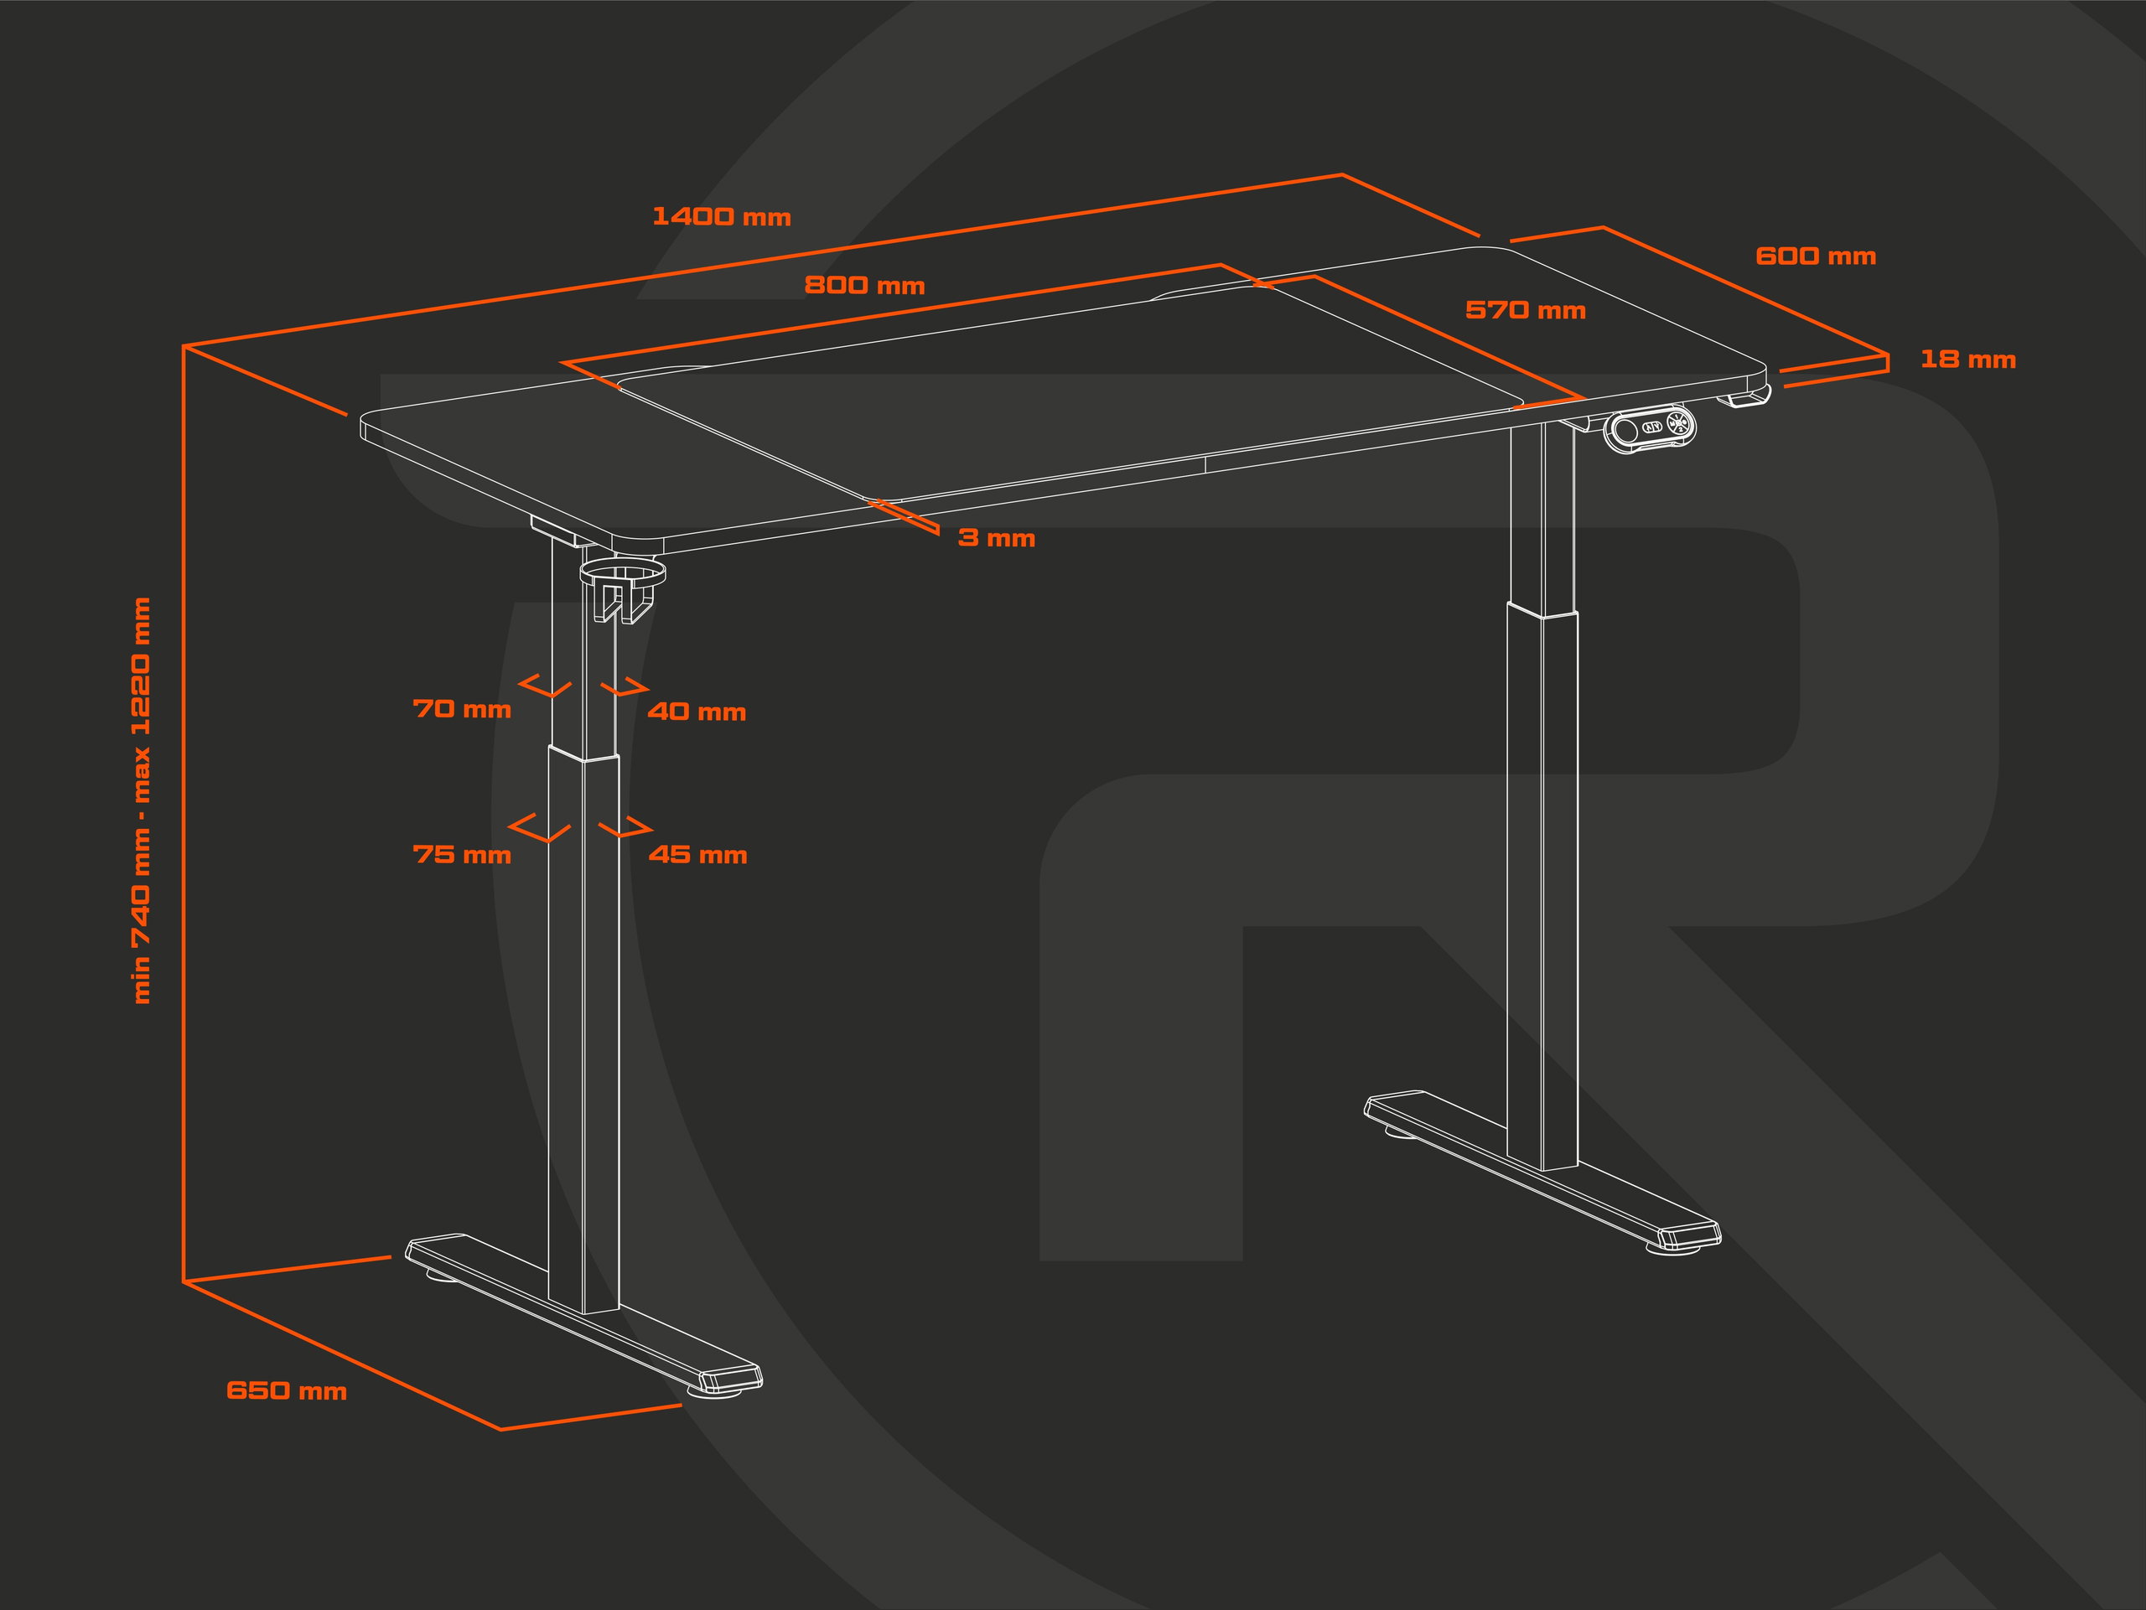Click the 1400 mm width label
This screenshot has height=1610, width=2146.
[x=722, y=216]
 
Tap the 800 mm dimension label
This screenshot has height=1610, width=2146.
[x=864, y=286]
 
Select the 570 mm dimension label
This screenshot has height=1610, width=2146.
[x=1525, y=310]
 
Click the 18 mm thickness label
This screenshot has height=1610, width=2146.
[x=1967, y=360]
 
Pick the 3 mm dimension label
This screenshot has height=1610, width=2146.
[x=997, y=538]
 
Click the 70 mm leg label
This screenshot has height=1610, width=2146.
[x=462, y=709]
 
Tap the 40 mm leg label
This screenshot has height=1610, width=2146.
[x=697, y=712]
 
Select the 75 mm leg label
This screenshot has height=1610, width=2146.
[x=462, y=855]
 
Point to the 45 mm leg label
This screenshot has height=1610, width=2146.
[x=697, y=855]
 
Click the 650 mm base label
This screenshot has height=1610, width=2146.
[x=286, y=1390]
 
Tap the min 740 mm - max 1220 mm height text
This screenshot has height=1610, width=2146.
[x=142, y=800]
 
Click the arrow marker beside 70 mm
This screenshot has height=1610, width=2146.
[x=545, y=686]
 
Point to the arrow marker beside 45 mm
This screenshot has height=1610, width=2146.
[x=625, y=828]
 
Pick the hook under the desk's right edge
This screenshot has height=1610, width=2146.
[x=1747, y=397]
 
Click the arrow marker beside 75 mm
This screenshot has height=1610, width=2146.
[x=539, y=828]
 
